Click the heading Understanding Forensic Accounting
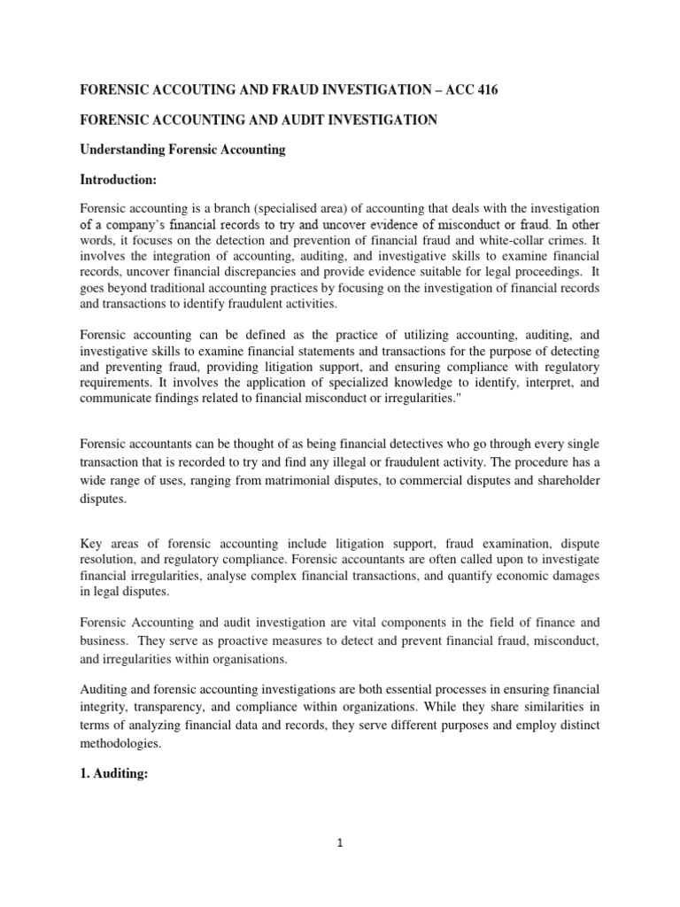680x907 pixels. [183, 150]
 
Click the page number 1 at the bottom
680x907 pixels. [340, 843]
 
